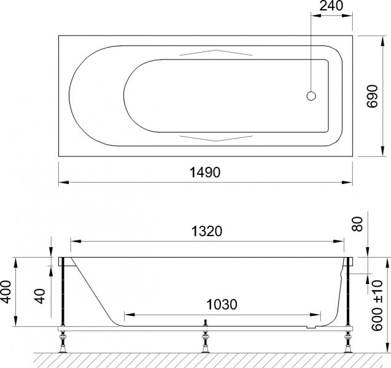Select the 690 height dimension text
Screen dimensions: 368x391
372,96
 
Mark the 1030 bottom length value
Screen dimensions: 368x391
222,304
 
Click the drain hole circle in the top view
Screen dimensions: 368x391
311,96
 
